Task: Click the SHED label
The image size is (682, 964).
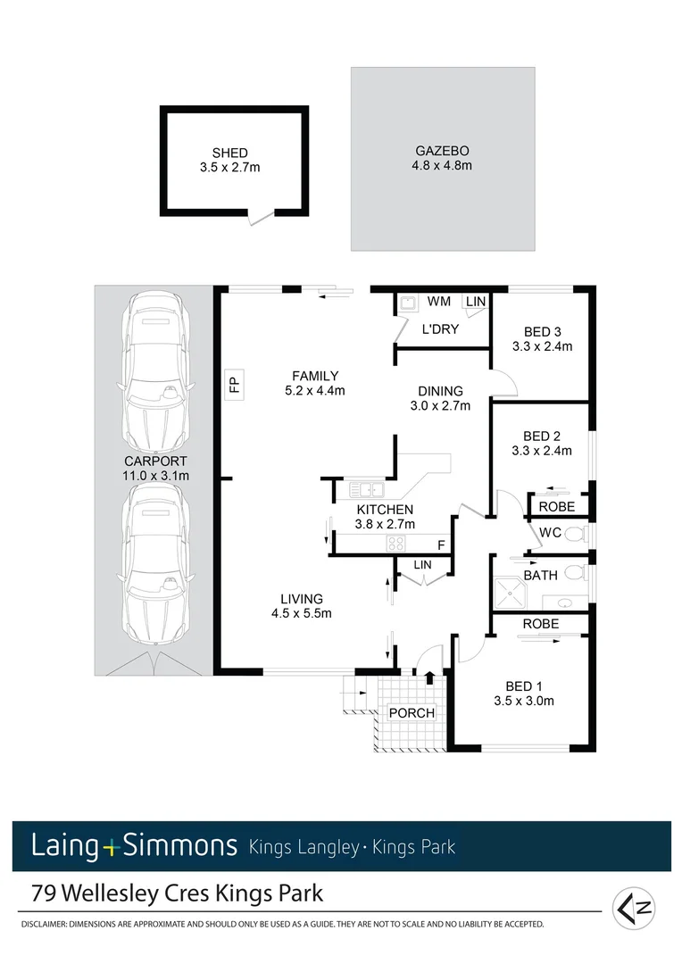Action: (x=229, y=153)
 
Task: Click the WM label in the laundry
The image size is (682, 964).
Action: (x=438, y=303)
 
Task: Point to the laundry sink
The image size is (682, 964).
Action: (x=407, y=303)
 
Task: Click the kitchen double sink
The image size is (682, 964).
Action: (x=366, y=489)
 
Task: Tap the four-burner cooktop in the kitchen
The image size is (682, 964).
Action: (x=395, y=543)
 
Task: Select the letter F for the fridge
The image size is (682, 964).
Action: (x=440, y=544)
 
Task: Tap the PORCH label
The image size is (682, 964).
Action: (x=412, y=712)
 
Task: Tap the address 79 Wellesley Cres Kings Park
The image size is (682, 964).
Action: (x=177, y=893)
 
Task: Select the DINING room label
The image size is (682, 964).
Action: (x=440, y=391)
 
